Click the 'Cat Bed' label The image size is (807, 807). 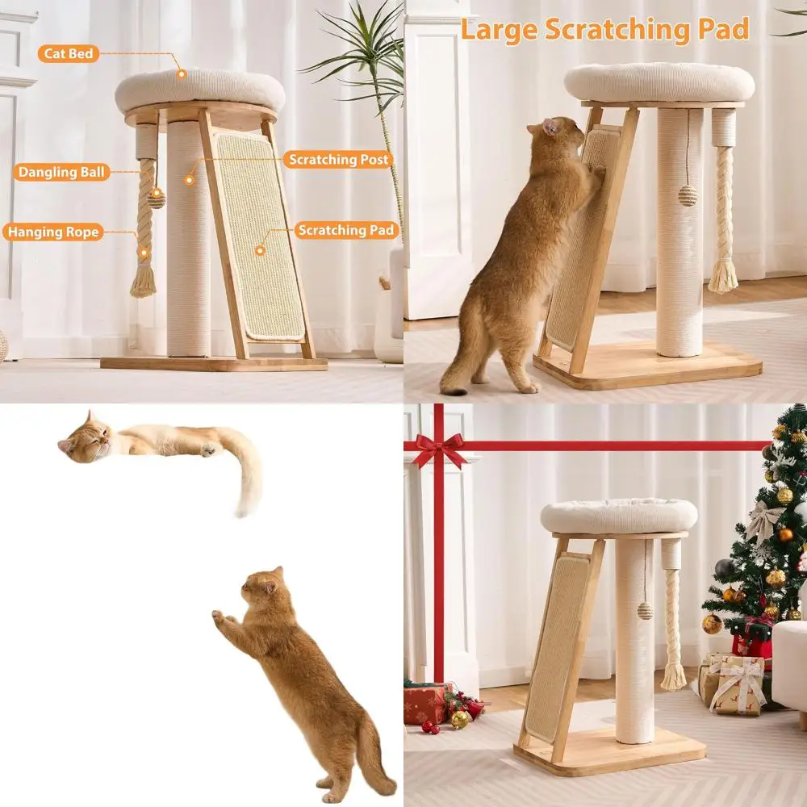(68, 54)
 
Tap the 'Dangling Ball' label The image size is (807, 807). (61, 172)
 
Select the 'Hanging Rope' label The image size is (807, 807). (53, 232)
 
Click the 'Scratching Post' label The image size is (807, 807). (339, 160)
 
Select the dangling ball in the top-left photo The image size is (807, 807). (157, 199)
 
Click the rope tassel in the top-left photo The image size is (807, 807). (144, 278)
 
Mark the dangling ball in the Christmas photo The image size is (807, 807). (645, 611)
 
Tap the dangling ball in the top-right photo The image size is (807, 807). (687, 195)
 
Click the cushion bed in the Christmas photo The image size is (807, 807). (619, 515)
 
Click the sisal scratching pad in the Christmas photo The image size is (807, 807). (557, 646)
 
